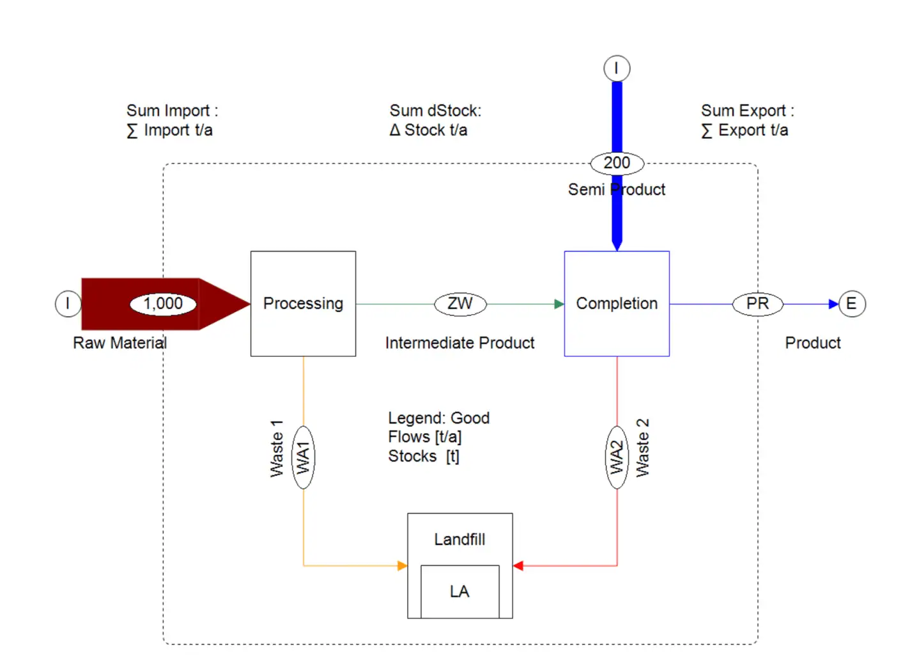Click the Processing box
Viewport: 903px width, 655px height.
pos(303,303)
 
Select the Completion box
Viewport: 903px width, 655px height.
pos(616,303)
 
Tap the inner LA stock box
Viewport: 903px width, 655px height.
pos(459,591)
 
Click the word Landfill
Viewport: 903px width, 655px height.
pos(459,539)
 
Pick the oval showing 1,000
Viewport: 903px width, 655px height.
pos(163,303)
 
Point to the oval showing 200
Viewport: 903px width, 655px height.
pos(616,163)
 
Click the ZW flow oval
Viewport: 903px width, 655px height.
pos(460,303)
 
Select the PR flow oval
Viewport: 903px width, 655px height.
pos(757,303)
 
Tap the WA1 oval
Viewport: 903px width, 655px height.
pos(303,457)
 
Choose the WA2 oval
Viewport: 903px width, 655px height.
pos(616,457)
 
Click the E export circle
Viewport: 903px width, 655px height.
pos(851,303)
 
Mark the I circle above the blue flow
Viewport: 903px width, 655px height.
pos(616,68)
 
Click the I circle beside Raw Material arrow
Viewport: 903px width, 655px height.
pos(68,303)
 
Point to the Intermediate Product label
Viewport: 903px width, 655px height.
pos(459,343)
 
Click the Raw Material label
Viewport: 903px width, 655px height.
pos(120,343)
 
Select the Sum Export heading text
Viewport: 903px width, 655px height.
pos(747,111)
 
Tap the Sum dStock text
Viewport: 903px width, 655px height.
pos(435,111)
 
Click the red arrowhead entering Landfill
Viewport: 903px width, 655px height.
pos(518,565)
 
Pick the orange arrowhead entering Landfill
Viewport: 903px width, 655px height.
pos(402,565)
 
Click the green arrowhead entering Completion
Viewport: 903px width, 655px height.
pos(559,304)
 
